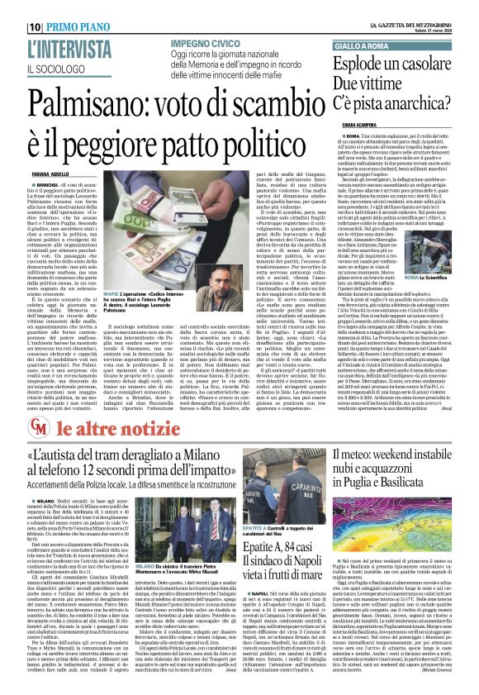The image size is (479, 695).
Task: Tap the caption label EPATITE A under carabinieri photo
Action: click(x=255, y=526)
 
